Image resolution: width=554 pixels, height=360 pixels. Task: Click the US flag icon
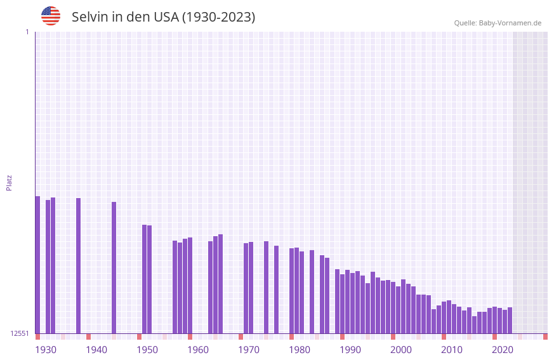point(51,16)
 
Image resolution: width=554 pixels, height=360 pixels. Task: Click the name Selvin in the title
point(90,17)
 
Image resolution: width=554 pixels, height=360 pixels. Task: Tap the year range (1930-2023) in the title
point(218,17)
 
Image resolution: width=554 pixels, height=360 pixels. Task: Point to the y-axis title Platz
point(9,182)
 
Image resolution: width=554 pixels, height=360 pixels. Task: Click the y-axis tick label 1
point(27,32)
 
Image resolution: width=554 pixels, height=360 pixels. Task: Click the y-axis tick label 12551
point(20,333)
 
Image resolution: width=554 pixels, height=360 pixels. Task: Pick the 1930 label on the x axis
point(46,350)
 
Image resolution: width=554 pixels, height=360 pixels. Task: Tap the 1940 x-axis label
point(96,350)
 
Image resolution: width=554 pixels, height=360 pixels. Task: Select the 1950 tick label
point(147,350)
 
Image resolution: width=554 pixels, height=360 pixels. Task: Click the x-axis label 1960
point(198,350)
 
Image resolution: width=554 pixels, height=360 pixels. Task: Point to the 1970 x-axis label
point(249,350)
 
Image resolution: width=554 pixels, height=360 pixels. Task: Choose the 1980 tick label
point(300,350)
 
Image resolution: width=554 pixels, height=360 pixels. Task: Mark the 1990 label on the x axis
point(350,350)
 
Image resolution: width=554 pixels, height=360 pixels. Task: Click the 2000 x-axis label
point(401,350)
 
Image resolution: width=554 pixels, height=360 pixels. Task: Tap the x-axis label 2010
point(452,350)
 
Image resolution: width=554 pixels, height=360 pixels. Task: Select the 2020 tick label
point(503,350)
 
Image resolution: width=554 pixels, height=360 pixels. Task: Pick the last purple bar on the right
point(510,320)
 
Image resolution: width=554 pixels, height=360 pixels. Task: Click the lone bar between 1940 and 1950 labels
point(114,267)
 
